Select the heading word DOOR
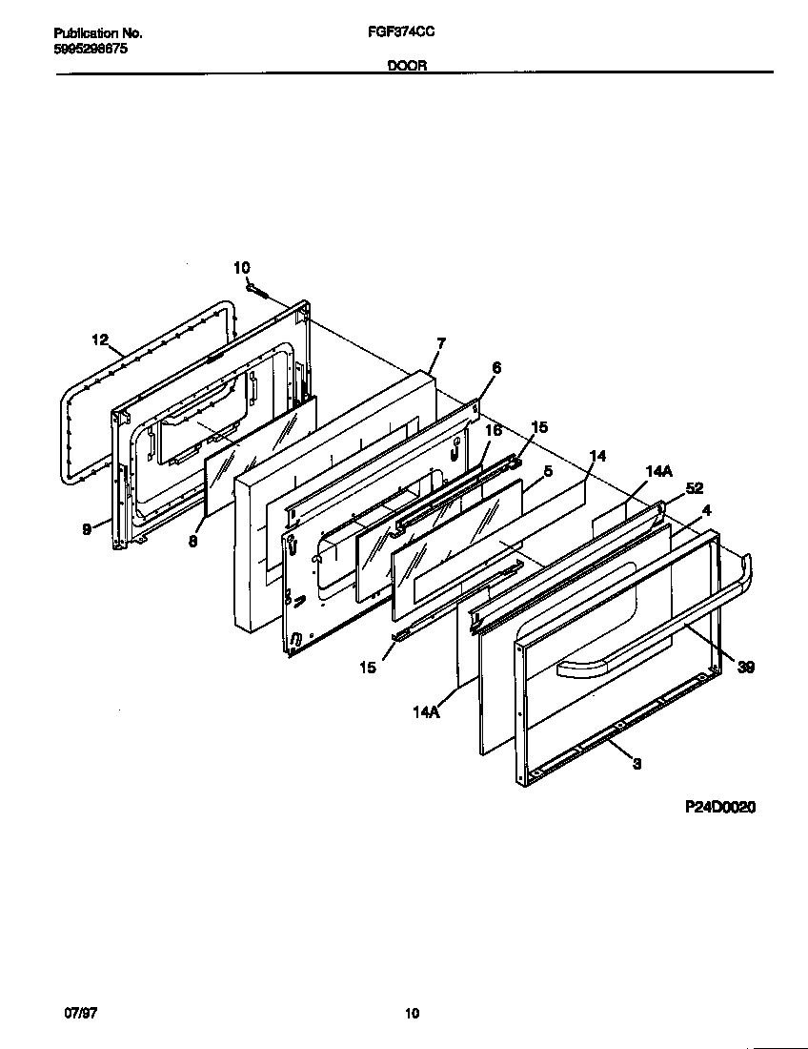[x=406, y=66]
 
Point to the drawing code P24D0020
[x=720, y=807]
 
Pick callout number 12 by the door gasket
[x=101, y=339]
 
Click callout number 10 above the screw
[x=241, y=268]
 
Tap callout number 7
[x=440, y=342]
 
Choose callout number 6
[x=496, y=367]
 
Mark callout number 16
[x=493, y=431]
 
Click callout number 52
[x=694, y=488]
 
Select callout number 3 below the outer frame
[x=636, y=763]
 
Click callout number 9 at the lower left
[x=87, y=529]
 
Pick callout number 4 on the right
[x=706, y=510]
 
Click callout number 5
[x=548, y=470]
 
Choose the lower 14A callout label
[x=426, y=710]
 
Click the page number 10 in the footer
[x=411, y=1014]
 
